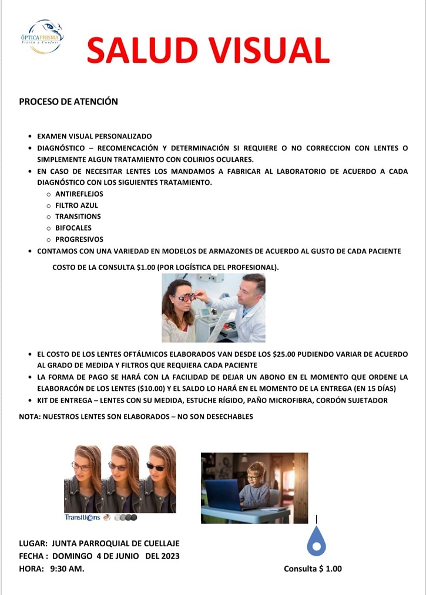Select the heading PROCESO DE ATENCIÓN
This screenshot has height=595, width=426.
(x=68, y=102)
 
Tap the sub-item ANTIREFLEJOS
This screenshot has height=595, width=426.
(x=79, y=194)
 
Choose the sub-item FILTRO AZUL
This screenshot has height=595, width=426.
(x=76, y=205)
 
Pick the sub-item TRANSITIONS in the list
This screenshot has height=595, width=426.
(x=78, y=217)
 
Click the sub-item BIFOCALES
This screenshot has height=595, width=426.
(x=73, y=228)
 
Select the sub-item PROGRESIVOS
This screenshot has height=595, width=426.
(x=79, y=239)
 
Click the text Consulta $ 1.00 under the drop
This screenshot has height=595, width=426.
(x=313, y=569)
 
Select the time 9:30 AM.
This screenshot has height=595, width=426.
(x=67, y=568)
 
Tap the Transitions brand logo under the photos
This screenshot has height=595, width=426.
(x=82, y=518)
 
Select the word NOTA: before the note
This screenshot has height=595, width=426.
(x=30, y=417)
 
